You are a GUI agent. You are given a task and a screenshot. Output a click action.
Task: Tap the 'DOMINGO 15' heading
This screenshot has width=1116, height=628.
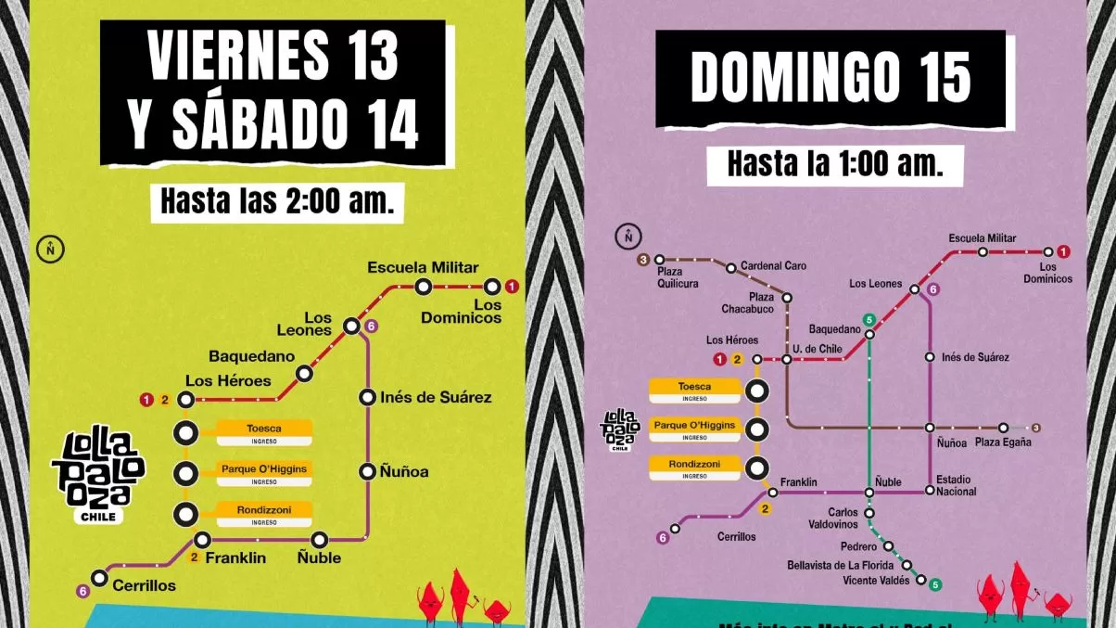click(831, 79)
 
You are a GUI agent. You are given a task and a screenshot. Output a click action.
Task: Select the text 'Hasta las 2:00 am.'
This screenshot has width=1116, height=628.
click(277, 201)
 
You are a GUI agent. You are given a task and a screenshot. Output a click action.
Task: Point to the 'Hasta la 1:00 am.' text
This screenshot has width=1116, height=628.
click(834, 165)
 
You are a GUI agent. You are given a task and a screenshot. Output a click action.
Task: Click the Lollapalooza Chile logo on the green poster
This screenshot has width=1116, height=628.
click(98, 474)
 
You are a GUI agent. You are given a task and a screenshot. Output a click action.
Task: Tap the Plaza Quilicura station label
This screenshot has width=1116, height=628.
click(678, 277)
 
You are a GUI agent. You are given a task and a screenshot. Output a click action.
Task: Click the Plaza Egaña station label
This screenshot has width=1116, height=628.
click(1003, 442)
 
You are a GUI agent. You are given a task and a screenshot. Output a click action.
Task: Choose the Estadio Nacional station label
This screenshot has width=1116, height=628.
click(956, 485)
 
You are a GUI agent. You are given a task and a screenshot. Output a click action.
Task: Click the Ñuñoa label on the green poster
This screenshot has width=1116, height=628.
click(404, 471)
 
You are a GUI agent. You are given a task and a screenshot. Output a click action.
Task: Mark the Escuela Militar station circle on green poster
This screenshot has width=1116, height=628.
click(423, 288)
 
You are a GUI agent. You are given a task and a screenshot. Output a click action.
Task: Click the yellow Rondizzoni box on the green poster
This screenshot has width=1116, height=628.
click(263, 513)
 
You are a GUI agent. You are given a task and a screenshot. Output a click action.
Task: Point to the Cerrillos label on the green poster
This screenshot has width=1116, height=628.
click(144, 585)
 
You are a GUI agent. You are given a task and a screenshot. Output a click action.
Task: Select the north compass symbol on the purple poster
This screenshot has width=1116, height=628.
click(628, 237)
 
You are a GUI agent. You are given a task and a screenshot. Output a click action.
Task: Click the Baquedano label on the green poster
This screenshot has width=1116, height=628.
click(251, 355)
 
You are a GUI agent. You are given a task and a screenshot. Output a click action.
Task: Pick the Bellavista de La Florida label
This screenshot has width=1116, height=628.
click(840, 565)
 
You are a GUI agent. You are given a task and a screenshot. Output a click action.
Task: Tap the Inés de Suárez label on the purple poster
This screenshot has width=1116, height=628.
click(975, 357)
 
